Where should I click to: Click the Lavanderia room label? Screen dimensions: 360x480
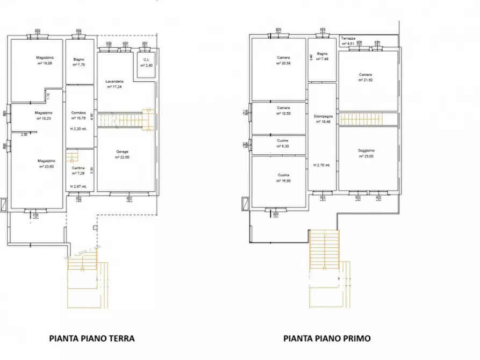(x=117, y=81)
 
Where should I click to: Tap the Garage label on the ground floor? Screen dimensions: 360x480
(x=122, y=152)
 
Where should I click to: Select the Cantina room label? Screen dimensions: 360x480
(x=78, y=168)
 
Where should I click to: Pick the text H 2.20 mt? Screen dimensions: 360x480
(x=78, y=129)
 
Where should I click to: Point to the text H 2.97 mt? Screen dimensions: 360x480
(x=78, y=186)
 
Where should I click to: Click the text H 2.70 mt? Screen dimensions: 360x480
(x=322, y=165)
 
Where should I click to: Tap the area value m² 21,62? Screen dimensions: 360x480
(x=366, y=80)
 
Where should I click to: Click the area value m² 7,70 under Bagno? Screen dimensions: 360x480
(x=79, y=64)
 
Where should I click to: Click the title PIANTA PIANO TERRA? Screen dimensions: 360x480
(x=91, y=339)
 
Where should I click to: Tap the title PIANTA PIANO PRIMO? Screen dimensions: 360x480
(x=327, y=339)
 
